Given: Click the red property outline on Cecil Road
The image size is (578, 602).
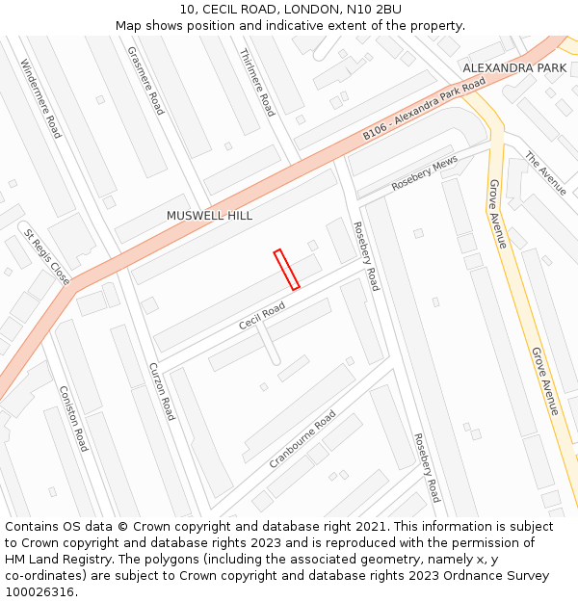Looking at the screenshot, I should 286,269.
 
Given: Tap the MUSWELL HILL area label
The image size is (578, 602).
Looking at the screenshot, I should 209,216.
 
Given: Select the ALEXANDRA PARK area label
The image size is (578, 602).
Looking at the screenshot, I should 514,68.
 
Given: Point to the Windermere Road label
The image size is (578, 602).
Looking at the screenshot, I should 40,99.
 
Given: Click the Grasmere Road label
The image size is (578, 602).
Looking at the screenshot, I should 145,81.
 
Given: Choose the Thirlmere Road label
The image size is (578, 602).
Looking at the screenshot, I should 256,83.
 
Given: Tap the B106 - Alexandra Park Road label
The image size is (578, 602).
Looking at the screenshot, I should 425,112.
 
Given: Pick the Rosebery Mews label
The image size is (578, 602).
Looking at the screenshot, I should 424,174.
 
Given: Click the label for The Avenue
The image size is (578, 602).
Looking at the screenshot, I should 545,173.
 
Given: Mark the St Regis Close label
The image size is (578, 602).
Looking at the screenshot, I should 47,257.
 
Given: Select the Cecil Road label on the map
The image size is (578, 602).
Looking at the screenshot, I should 262,316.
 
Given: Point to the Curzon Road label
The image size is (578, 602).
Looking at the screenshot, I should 162,391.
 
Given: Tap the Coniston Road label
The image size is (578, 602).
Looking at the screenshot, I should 73,419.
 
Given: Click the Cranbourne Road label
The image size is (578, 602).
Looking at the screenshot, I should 302,439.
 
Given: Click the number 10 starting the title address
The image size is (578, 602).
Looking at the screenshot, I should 187,9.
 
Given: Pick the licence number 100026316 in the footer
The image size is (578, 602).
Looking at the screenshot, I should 40,591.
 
